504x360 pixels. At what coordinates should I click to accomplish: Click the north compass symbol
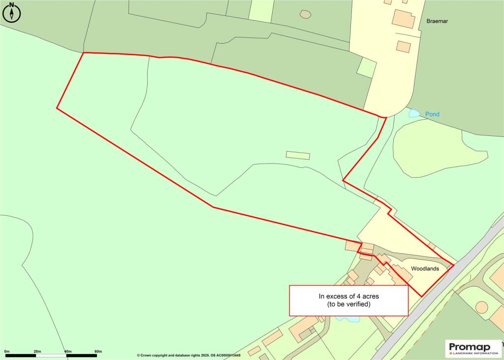click(12, 12)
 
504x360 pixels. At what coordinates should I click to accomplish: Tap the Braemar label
click(438, 22)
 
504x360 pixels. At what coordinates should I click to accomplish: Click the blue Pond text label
click(432, 114)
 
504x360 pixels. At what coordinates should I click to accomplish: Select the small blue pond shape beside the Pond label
click(414, 114)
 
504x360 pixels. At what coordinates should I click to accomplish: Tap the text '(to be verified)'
click(348, 305)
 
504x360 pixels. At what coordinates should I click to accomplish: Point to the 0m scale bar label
click(7, 351)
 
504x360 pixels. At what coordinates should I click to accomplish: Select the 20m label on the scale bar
click(37, 351)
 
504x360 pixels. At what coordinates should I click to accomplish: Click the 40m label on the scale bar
click(67, 351)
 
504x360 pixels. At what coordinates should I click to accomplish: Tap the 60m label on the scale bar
click(98, 351)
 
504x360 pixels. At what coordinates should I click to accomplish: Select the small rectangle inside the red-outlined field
click(298, 156)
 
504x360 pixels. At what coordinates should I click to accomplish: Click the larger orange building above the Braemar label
click(403, 18)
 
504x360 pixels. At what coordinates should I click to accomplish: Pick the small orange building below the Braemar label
click(404, 47)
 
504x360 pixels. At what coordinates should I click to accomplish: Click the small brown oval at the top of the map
click(306, 14)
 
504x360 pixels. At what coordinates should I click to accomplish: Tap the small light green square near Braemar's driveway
click(366, 67)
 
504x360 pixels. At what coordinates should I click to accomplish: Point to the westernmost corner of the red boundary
click(57, 108)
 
